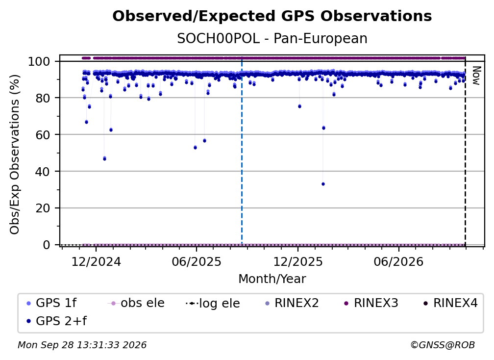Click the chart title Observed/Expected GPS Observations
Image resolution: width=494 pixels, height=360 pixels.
point(272,16)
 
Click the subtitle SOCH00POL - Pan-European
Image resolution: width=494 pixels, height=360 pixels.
point(272,38)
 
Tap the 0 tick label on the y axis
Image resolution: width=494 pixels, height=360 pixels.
point(46,245)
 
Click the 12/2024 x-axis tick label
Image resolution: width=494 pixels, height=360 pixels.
point(96,261)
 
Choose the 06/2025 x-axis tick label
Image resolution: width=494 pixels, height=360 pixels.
point(197,261)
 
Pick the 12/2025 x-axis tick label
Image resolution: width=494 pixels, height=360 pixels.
point(298,261)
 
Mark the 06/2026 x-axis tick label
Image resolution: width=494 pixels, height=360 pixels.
point(398,261)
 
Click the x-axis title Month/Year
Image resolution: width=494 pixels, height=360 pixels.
point(272,279)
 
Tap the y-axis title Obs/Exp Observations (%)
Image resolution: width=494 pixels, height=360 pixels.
point(15,154)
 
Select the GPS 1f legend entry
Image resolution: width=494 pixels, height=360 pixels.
point(51,303)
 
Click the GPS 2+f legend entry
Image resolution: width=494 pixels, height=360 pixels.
point(56,321)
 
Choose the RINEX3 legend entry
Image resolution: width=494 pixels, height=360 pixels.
point(371,303)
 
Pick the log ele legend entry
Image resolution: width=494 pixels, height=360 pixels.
point(213,303)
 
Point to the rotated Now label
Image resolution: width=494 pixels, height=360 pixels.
point(476,76)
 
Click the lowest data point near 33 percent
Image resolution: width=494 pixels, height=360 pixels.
point(323,184)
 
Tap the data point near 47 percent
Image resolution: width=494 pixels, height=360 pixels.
point(104,158)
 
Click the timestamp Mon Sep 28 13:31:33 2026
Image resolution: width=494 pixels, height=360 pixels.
point(82,345)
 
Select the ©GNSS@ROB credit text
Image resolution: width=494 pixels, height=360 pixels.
point(443,345)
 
